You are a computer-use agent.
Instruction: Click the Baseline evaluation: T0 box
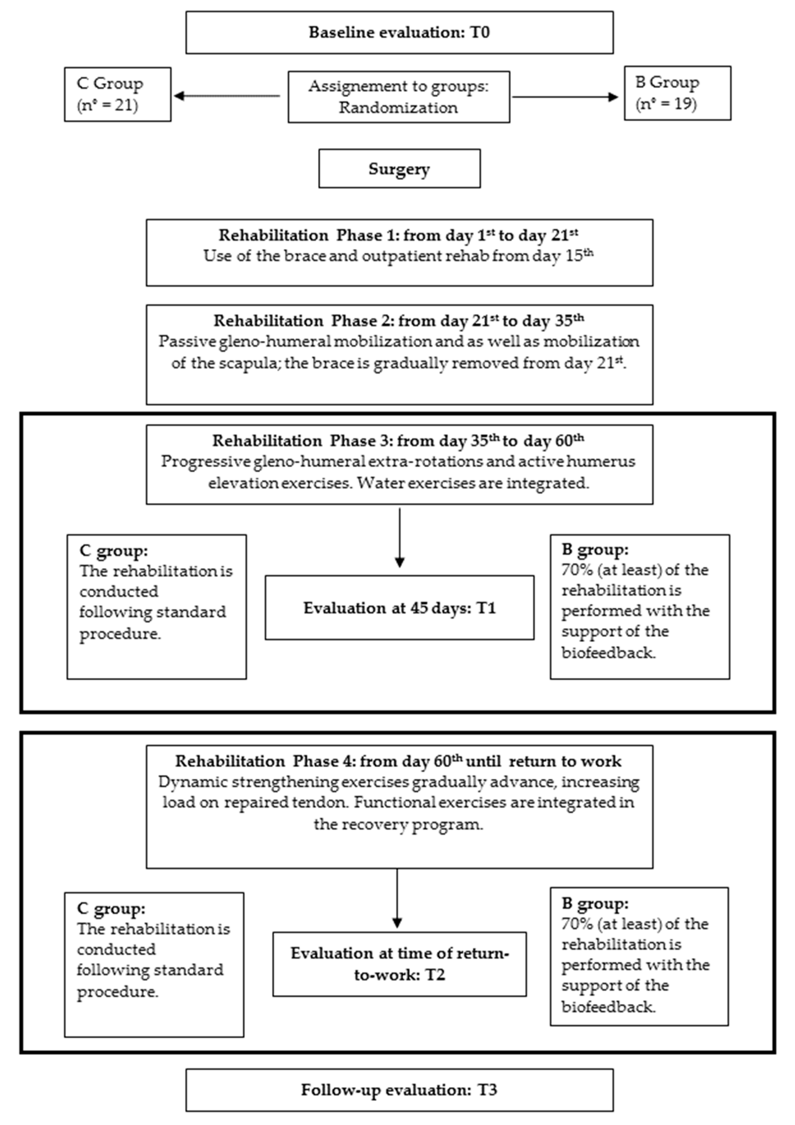(399, 32)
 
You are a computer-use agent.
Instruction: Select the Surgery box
(399, 169)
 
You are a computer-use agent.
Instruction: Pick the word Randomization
(398, 108)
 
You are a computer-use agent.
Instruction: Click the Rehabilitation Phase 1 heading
(398, 235)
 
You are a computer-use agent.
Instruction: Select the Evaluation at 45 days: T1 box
(399, 608)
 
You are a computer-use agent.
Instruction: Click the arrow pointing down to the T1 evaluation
(400, 561)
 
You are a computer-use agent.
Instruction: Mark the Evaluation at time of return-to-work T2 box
(399, 964)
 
